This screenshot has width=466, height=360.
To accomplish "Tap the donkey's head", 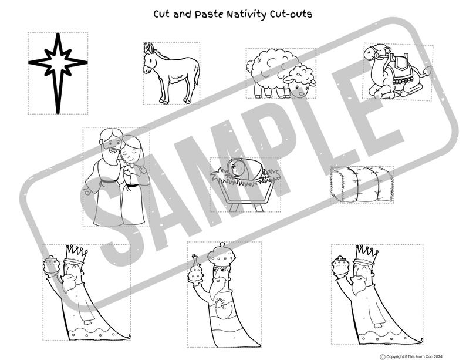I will (x=150, y=57).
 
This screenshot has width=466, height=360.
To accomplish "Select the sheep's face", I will (x=301, y=89).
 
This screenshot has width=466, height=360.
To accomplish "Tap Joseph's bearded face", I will (x=109, y=144).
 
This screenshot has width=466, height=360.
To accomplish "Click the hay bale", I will (x=361, y=183).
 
